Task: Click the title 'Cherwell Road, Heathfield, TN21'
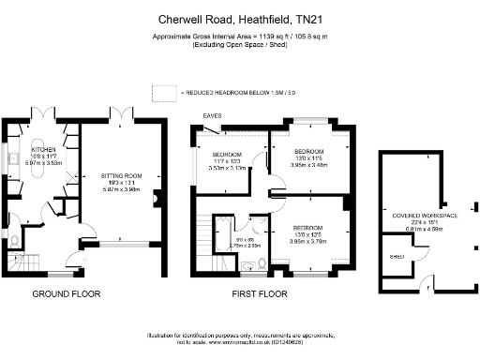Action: pyautogui.click(x=239, y=18)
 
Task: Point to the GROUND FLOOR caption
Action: pyautogui.click(x=67, y=293)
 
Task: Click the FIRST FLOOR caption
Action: pyautogui.click(x=259, y=293)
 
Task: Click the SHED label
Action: pyautogui.click(x=397, y=253)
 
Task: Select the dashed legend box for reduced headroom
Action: pyautogui.click(x=164, y=93)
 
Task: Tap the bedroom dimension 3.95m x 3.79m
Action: pyautogui.click(x=308, y=240)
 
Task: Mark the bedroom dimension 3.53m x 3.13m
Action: pyautogui.click(x=228, y=170)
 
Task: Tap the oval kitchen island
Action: pyautogui.click(x=42, y=182)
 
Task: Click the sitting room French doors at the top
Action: pyautogui.click(x=124, y=116)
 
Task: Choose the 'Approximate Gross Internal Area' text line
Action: pyautogui.click(x=239, y=37)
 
